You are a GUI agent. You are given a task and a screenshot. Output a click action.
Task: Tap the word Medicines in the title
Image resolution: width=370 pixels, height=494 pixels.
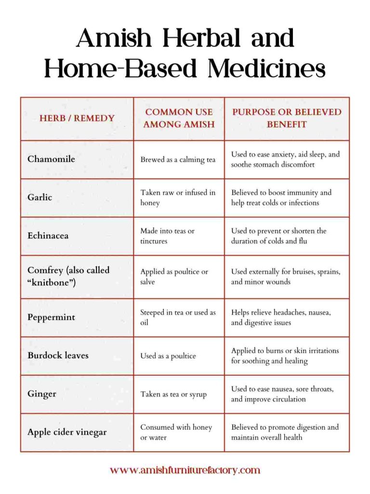point(266,68)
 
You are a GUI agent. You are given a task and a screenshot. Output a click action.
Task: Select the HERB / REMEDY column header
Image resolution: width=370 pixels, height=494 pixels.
point(77,118)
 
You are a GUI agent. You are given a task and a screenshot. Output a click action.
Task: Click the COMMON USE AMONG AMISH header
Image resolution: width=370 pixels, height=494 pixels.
point(179,118)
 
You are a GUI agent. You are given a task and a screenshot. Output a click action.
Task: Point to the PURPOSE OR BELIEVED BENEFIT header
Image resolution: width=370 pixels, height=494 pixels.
point(287,118)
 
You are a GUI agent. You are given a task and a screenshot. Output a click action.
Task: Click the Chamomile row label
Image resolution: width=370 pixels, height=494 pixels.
point(51,159)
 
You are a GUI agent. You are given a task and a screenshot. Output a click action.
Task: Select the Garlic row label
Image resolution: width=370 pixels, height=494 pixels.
point(40,197)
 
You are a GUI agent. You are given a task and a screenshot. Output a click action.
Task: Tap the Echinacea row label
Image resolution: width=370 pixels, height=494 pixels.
point(48,236)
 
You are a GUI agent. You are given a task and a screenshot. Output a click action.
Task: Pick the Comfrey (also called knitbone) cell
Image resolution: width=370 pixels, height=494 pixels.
point(68,276)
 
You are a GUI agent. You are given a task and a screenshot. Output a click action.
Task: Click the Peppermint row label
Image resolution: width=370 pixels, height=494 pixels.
point(52,317)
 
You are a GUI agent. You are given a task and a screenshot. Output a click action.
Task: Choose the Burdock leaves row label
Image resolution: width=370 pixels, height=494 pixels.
point(58,356)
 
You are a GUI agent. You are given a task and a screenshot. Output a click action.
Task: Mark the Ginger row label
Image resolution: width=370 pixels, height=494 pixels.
point(42,394)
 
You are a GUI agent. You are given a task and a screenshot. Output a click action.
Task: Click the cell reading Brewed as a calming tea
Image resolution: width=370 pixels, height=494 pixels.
point(178,160)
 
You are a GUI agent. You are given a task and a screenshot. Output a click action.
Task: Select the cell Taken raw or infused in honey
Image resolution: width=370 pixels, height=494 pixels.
point(178,198)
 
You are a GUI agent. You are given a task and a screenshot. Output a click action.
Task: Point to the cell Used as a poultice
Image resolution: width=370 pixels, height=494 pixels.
point(168,356)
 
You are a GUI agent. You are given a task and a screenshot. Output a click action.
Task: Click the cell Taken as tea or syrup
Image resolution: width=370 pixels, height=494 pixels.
point(173,394)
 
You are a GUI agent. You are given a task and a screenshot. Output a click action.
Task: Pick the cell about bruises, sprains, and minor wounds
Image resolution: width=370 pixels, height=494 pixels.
point(286,276)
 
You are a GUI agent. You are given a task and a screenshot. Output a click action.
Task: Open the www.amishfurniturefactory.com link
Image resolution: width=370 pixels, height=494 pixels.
point(185,470)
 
